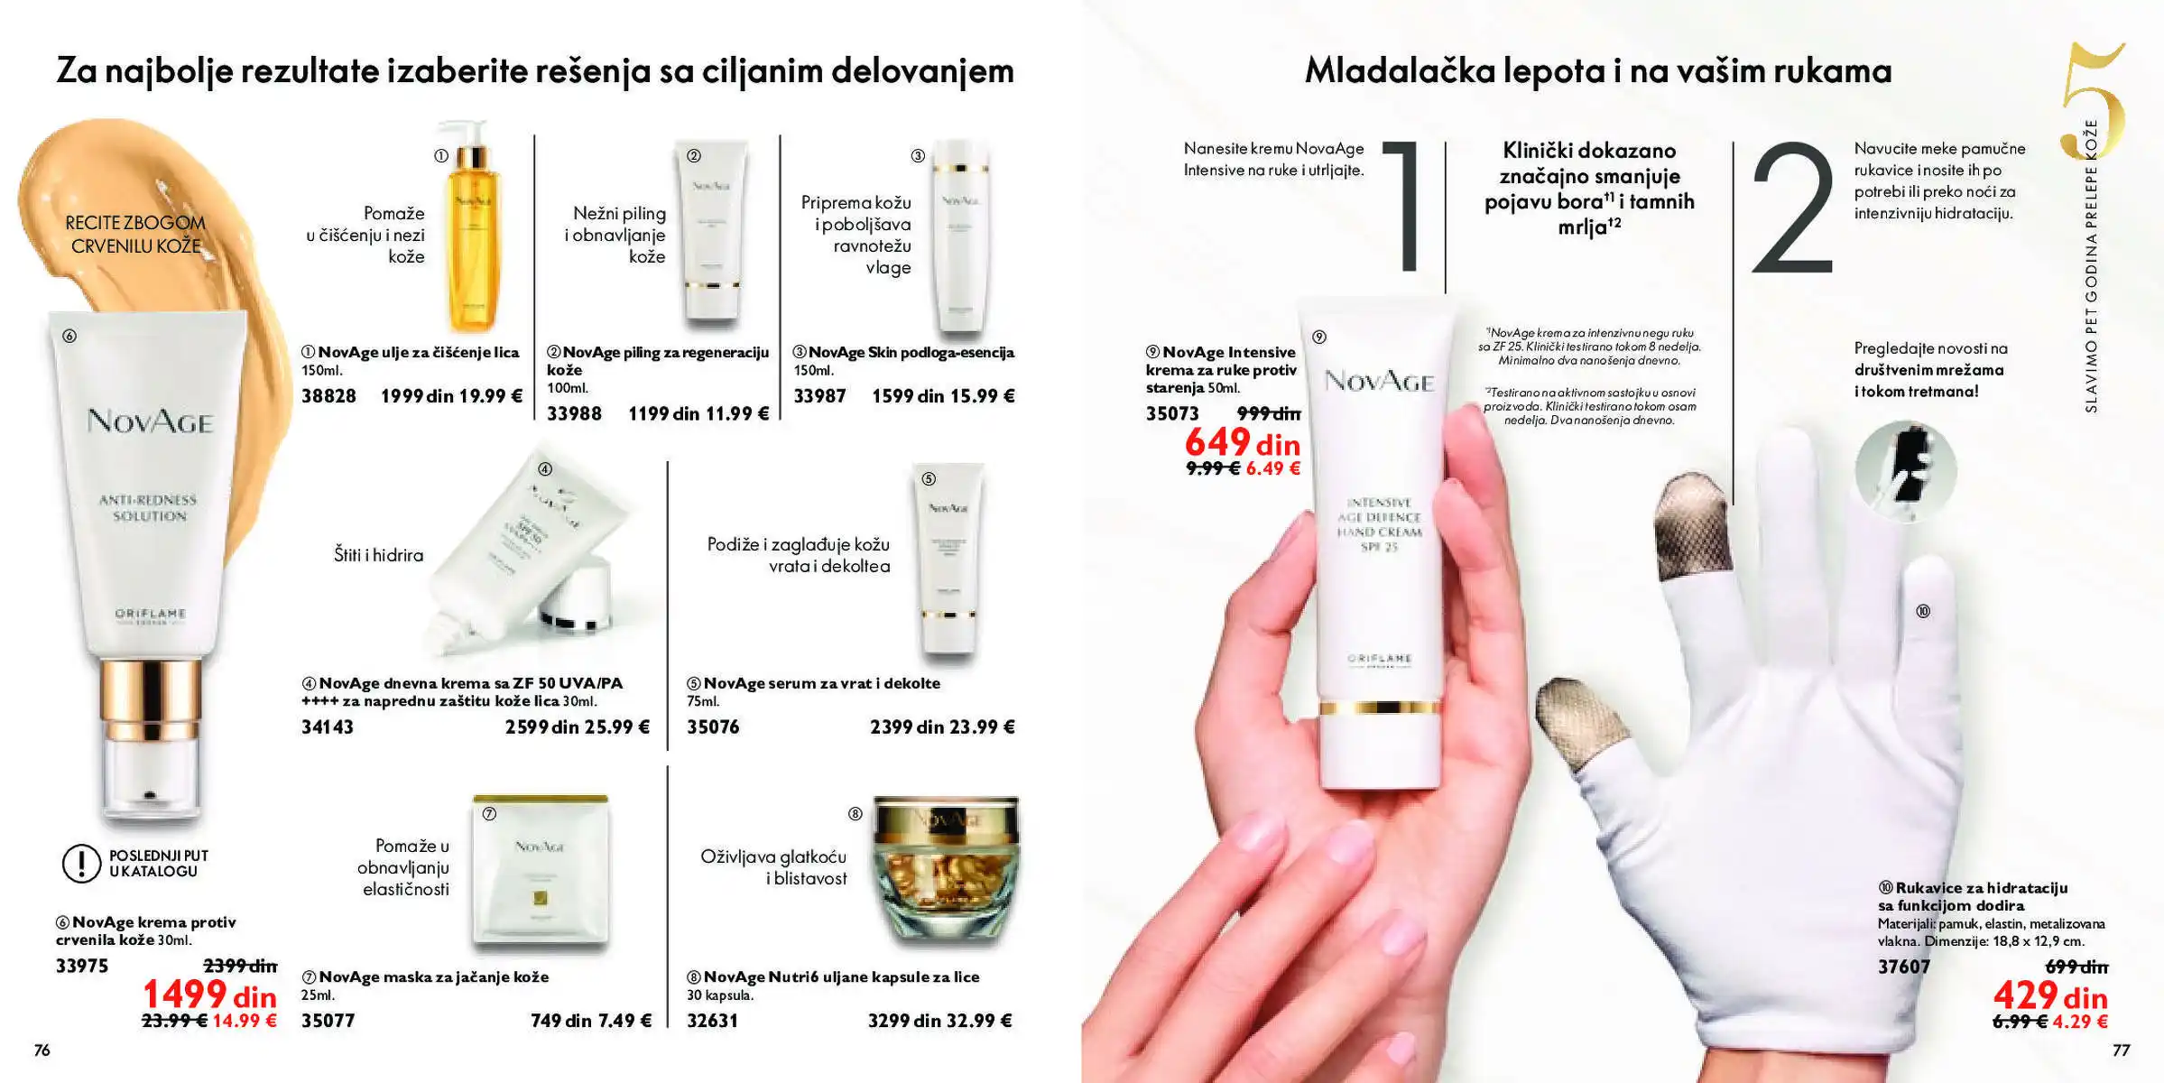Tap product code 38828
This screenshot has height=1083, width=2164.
(x=328, y=396)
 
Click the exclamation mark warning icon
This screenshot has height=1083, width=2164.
(x=81, y=863)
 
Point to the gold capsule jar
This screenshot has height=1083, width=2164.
(x=945, y=871)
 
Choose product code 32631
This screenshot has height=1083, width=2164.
(x=712, y=1021)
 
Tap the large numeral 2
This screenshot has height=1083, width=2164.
(x=1793, y=209)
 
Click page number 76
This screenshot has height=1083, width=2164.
(x=42, y=1051)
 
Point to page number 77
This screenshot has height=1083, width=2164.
(x=2121, y=1051)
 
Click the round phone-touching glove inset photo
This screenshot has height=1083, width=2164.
(x=1905, y=470)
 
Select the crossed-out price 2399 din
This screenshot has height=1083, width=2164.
(x=240, y=967)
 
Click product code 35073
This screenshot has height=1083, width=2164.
(x=1172, y=414)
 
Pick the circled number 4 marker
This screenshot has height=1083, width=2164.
(x=545, y=469)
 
